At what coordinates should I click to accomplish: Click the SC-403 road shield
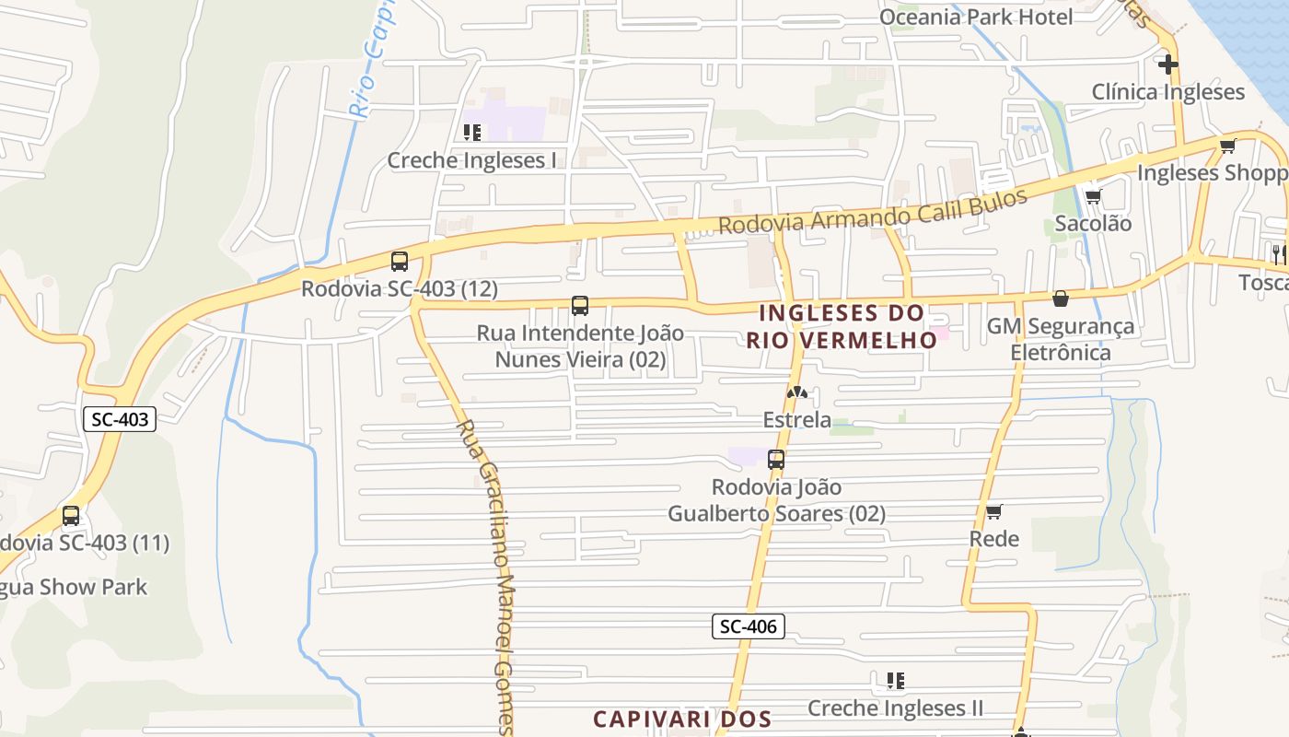(121, 419)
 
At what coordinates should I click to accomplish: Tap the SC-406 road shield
(748, 627)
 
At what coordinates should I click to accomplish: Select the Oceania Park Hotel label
(976, 17)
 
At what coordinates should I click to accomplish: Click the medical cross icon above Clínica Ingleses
(1168, 64)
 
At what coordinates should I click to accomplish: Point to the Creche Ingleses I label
(471, 160)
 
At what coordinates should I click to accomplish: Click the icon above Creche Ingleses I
(472, 133)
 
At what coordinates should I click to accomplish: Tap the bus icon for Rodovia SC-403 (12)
(400, 261)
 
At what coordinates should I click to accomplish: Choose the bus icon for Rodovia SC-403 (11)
(71, 516)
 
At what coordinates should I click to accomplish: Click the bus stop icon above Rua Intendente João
(580, 306)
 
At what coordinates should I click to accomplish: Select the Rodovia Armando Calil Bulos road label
(872, 212)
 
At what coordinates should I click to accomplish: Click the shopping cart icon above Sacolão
(1093, 196)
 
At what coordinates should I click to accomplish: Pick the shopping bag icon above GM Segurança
(1061, 298)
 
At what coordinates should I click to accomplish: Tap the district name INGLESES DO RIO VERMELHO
(842, 327)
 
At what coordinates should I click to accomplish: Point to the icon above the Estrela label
(797, 393)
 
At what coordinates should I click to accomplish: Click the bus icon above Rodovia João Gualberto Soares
(776, 459)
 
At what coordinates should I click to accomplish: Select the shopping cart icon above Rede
(993, 512)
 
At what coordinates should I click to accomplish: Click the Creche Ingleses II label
(895, 708)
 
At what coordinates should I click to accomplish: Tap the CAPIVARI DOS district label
(680, 719)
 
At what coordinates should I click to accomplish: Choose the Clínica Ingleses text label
(1167, 92)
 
